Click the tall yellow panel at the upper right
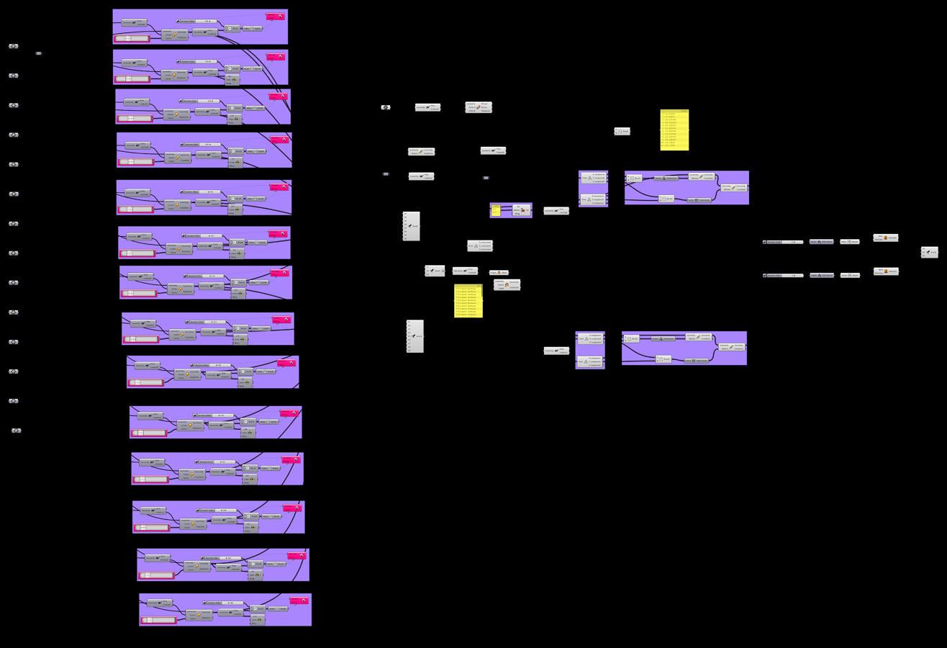674,130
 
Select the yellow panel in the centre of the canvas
468,301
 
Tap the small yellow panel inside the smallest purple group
496,210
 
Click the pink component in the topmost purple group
275,17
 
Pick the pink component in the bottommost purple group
299,600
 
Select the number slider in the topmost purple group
197,21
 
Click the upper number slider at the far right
783,242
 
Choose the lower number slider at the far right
783,275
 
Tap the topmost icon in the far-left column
14,46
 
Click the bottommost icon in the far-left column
16,431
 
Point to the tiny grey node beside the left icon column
39,53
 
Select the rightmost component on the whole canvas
930,252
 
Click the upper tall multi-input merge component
411,226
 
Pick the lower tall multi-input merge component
414,336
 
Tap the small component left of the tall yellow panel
622,131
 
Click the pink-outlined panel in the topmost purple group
131,38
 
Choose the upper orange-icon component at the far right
886,238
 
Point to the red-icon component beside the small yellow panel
522,210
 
